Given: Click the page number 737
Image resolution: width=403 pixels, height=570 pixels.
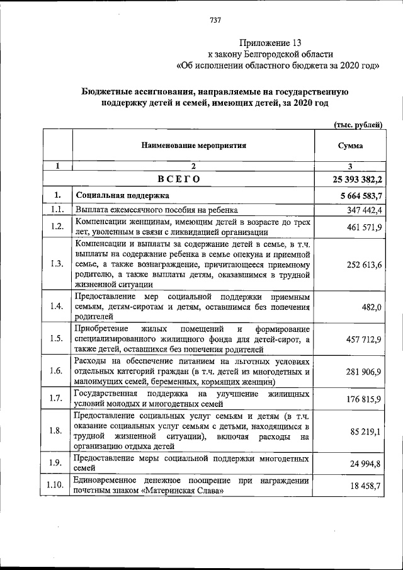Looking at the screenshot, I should click(x=215, y=20).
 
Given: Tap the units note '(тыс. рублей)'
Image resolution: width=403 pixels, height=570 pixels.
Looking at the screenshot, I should click(x=357, y=125).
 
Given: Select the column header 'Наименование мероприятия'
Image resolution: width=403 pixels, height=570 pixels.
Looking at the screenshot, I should click(x=193, y=145).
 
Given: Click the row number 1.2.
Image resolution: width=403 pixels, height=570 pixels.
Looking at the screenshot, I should click(x=57, y=226).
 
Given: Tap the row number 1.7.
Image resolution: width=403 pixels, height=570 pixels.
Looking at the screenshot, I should click(x=57, y=399).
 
